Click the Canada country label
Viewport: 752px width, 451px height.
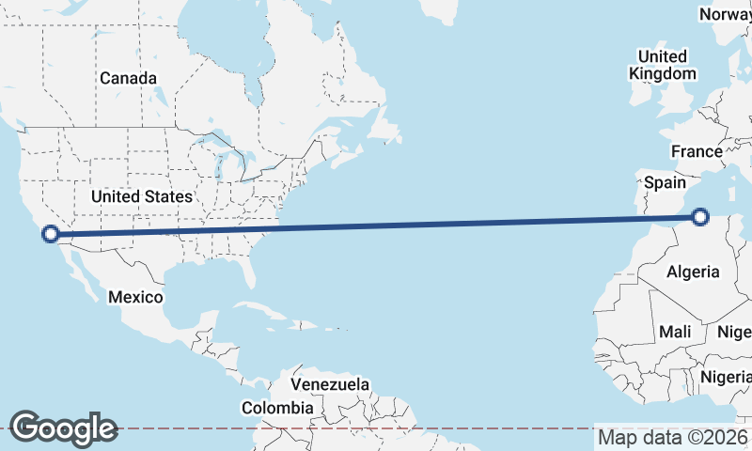[x=128, y=78]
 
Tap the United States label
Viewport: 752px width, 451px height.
[x=142, y=196]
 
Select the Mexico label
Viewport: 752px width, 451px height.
[x=134, y=297]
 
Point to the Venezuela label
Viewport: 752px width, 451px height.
[x=329, y=385]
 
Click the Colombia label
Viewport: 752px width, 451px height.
[x=277, y=409]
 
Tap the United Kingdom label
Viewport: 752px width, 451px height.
[x=663, y=65]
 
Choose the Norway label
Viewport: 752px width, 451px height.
[x=725, y=14]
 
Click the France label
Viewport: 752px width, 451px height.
[x=697, y=151]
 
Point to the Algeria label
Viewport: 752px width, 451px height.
[x=693, y=272]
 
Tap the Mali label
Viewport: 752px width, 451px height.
[x=675, y=332]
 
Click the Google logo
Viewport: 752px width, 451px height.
[x=63, y=428]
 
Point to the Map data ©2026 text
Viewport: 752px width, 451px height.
[x=673, y=438]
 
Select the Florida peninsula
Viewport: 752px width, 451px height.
[x=251, y=268]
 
